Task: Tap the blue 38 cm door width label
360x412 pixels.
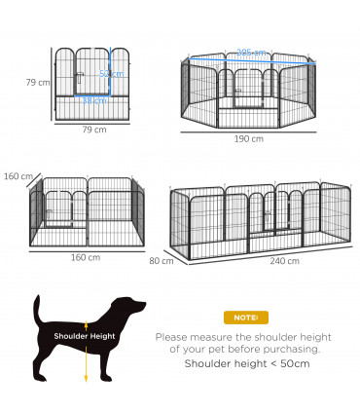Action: coord(94,99)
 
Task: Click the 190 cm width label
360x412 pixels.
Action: coord(250,138)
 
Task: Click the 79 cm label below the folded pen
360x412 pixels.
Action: coord(92,129)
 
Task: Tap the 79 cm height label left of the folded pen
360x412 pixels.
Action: coord(37,82)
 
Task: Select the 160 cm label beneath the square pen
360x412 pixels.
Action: coord(86,257)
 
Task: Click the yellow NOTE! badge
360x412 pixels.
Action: coord(241,318)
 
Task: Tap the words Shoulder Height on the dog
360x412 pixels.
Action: coord(86,338)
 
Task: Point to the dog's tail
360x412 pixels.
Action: coord(38,310)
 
